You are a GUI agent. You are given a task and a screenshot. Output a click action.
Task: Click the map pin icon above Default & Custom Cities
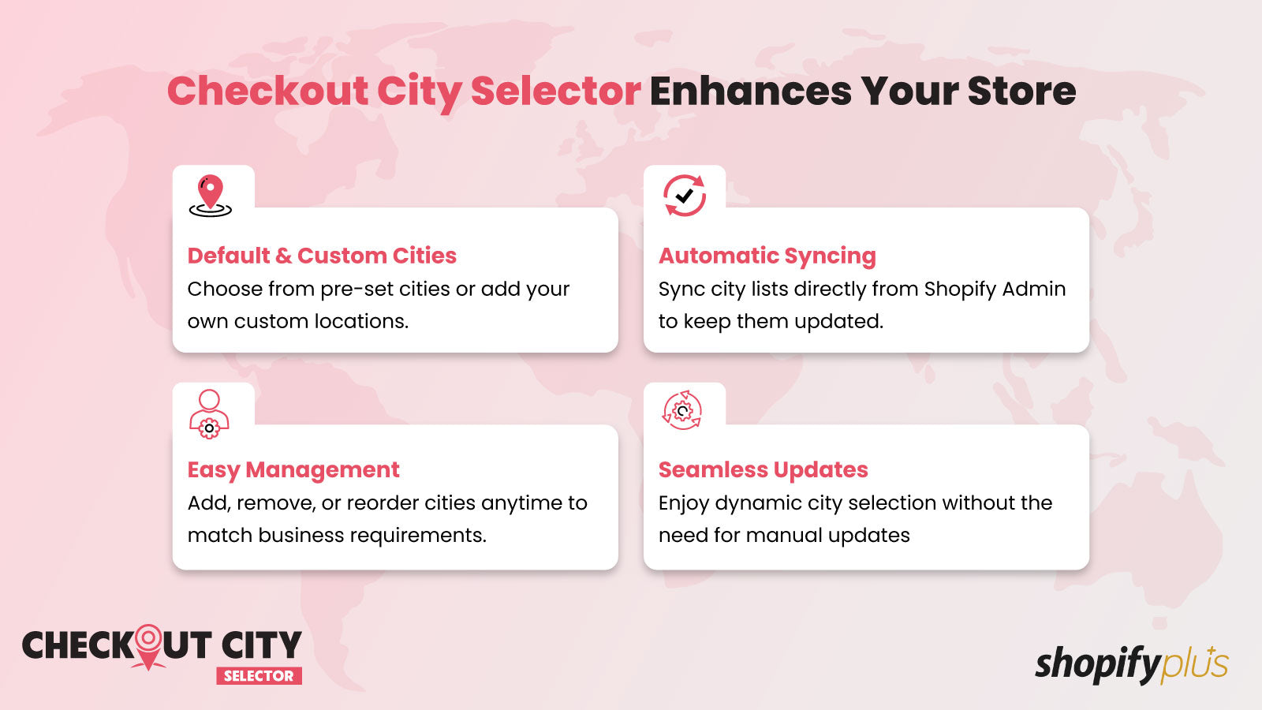[210, 196]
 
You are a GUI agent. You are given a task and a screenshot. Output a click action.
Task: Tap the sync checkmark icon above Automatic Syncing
[685, 196]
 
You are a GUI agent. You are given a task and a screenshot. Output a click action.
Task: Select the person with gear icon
[209, 414]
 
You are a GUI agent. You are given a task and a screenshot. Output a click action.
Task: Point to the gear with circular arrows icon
[682, 410]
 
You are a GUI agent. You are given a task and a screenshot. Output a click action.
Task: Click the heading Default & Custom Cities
[322, 256]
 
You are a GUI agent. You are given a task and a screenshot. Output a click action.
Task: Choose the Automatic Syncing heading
[767, 256]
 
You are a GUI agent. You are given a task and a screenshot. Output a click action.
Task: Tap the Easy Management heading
[293, 470]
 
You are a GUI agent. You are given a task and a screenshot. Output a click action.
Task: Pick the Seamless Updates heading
[764, 469]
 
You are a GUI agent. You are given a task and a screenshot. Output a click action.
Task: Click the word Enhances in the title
[750, 91]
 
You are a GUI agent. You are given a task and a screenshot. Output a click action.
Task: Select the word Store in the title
[1022, 91]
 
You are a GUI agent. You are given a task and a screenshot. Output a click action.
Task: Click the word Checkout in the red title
[267, 91]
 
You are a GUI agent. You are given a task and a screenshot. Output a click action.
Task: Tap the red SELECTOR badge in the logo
[259, 675]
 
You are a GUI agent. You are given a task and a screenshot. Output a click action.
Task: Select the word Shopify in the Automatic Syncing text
[960, 290]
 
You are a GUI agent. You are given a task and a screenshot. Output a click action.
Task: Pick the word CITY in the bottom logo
[261, 645]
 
